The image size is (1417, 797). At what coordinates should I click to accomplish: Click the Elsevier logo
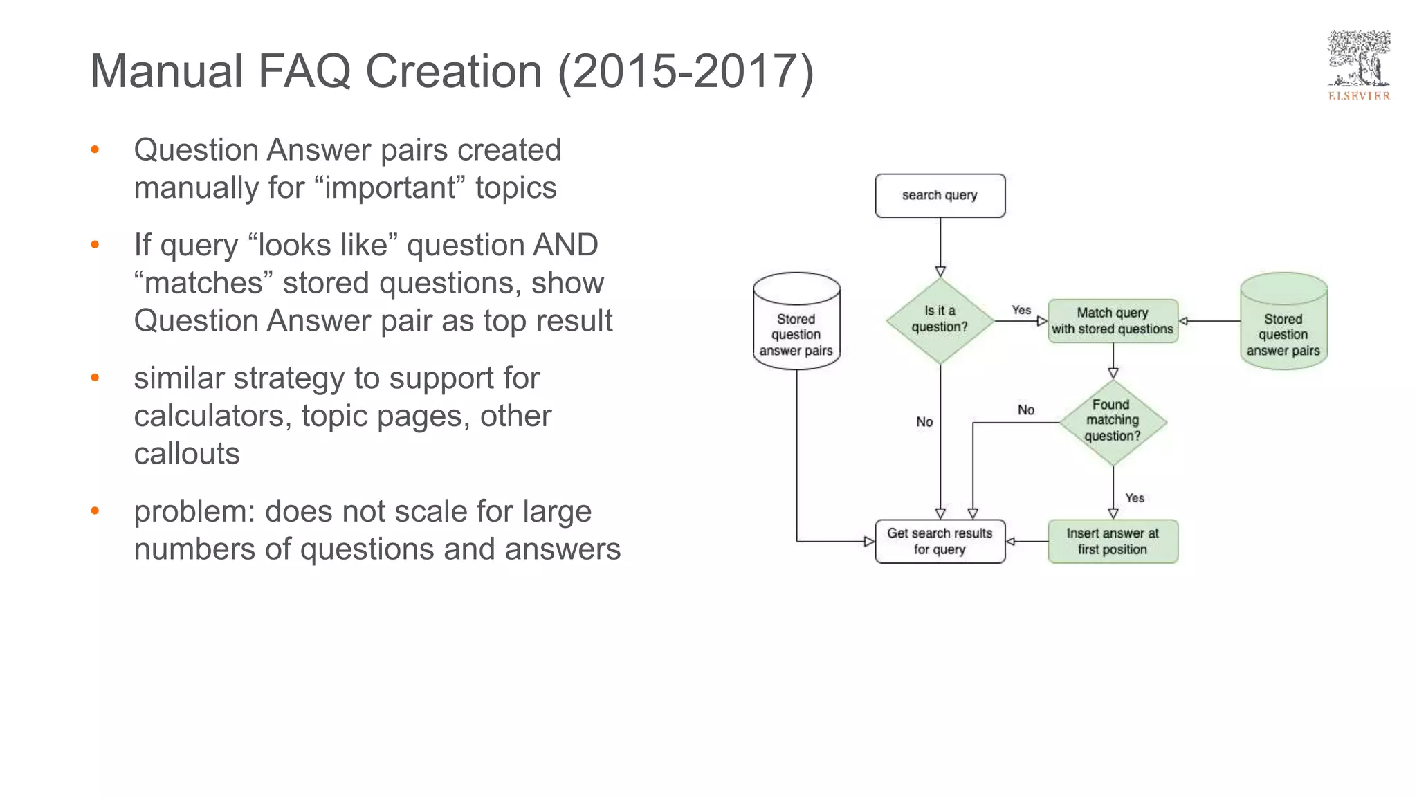pos(1358,66)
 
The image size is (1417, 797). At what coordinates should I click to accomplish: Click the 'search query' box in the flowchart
pos(940,196)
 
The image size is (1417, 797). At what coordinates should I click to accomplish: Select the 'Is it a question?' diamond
pos(940,320)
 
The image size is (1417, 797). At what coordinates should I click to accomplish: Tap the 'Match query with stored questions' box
pos(1113,321)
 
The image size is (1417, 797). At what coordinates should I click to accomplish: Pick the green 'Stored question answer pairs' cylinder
pos(1283,322)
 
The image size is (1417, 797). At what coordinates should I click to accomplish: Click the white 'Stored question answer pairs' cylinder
pos(796,322)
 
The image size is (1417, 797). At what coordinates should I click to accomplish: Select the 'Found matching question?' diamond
pos(1113,421)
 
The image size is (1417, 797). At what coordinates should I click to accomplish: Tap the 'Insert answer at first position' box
pos(1113,542)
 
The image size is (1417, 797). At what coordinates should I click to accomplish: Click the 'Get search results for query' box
pos(940,542)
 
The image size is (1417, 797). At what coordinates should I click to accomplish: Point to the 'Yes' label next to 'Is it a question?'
pos(1021,311)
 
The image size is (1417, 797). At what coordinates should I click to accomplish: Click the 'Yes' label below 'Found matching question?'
pos(1135,498)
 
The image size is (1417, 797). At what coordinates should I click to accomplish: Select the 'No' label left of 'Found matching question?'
pos(1026,410)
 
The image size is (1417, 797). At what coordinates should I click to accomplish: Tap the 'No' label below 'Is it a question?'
pos(924,422)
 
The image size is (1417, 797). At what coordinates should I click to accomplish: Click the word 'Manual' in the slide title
pos(166,71)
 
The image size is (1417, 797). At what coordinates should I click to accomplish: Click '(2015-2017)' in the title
pos(686,71)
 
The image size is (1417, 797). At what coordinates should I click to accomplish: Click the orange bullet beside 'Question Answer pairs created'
pos(95,150)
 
